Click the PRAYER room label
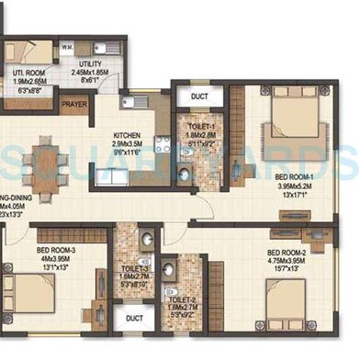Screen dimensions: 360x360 pos(74,104)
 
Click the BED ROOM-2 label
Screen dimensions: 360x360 pos(286,253)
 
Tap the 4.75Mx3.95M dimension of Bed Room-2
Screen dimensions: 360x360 pos(286,261)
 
